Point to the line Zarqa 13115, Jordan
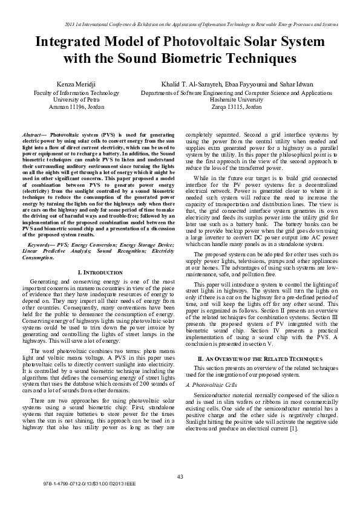pos(237,106)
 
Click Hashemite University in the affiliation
pos(237,99)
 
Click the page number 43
pos(180,478)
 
